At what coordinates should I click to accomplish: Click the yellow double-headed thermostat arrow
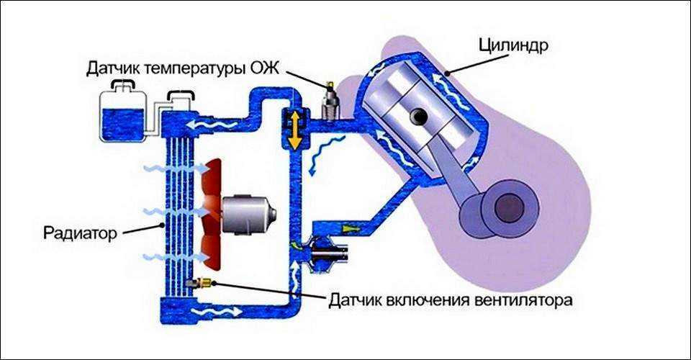tap(294, 130)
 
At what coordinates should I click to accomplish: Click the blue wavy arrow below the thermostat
tap(317, 158)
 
